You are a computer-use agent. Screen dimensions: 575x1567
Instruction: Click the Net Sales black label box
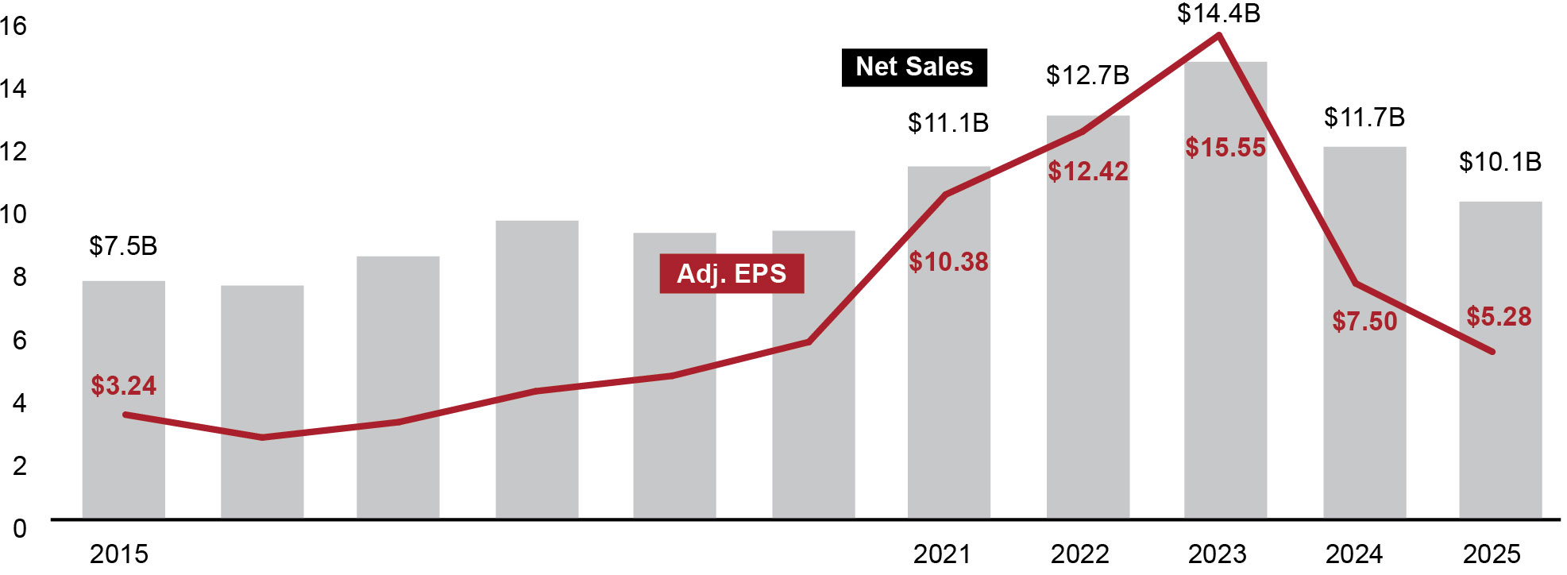914,68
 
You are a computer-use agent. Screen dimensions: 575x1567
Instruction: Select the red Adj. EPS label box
731,273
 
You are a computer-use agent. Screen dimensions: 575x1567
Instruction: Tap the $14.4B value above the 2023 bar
1218,14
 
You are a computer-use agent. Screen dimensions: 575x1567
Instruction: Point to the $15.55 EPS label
1225,148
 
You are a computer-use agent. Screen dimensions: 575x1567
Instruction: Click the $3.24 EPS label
123,386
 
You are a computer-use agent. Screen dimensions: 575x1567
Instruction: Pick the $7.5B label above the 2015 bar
123,246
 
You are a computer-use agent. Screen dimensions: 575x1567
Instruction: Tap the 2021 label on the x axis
941,554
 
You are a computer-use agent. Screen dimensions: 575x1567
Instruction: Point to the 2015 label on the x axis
118,554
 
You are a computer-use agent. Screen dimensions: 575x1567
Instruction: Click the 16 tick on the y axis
14,26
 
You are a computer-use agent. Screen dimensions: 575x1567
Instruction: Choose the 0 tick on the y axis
19,528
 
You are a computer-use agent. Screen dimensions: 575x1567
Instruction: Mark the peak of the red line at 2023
1218,35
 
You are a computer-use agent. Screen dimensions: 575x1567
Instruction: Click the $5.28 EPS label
1499,317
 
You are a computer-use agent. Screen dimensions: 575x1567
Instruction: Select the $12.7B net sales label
1087,75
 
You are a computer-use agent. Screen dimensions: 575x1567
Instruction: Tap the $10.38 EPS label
948,262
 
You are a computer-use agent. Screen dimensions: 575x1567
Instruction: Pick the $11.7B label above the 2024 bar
1364,118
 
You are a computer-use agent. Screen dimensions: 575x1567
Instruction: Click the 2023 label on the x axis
1217,554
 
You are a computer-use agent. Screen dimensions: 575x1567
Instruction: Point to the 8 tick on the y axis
19,277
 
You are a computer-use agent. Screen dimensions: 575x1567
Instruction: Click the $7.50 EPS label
1364,322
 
